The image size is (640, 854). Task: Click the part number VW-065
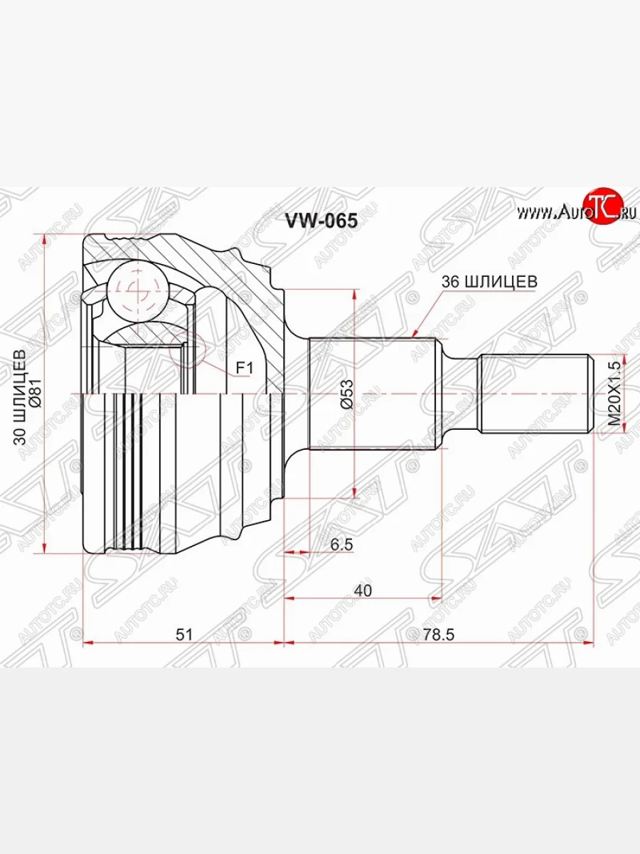pyautogui.click(x=321, y=220)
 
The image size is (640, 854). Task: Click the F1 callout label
pyautogui.click(x=245, y=368)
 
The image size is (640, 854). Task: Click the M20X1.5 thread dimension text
pyautogui.click(x=614, y=394)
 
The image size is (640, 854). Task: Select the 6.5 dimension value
pyautogui.click(x=342, y=544)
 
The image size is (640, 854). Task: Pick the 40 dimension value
pyautogui.click(x=363, y=591)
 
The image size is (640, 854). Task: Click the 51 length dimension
pyautogui.click(x=185, y=635)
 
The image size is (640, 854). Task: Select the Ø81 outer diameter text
pyautogui.click(x=41, y=393)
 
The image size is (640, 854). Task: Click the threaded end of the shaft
pyautogui.click(x=535, y=394)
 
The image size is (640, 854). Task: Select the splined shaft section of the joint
pyautogui.click(x=373, y=394)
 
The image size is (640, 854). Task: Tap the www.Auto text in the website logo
pyautogui.click(x=548, y=211)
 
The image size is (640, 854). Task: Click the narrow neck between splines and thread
pyautogui.click(x=461, y=394)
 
